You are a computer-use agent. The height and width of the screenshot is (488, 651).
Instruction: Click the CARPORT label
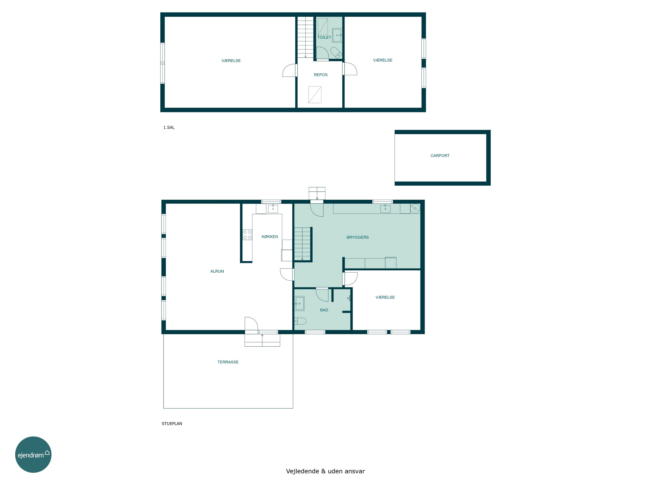click(x=440, y=156)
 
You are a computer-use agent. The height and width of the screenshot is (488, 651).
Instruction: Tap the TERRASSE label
click(x=228, y=362)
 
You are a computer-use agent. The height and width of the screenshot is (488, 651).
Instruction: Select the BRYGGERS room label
click(x=358, y=237)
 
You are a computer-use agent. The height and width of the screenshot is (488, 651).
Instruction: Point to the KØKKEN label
click(x=270, y=236)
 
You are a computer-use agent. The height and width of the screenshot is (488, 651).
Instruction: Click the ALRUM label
click(x=217, y=271)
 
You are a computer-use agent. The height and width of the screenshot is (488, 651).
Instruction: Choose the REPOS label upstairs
click(x=321, y=75)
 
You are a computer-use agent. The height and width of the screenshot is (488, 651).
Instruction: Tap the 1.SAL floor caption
click(x=169, y=127)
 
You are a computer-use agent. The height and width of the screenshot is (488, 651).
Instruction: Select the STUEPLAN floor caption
click(x=172, y=424)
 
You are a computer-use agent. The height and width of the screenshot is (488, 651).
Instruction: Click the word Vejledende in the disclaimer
click(x=302, y=471)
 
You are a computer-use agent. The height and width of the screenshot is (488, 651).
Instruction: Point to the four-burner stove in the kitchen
click(x=247, y=234)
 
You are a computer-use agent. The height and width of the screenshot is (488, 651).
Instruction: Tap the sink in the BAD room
click(x=299, y=303)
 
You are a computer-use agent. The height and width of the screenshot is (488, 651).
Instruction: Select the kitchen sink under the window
click(x=273, y=209)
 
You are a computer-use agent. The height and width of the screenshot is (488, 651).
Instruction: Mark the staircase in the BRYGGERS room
click(x=302, y=244)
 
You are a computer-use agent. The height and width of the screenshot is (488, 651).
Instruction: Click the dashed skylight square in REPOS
click(x=315, y=94)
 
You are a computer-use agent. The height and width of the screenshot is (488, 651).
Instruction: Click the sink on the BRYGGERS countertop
click(x=385, y=209)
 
